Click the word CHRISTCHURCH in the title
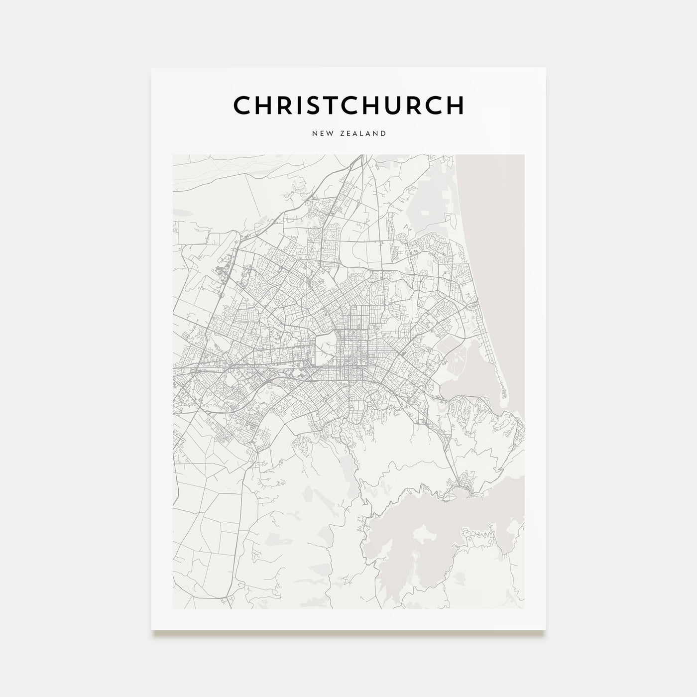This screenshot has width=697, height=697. click(x=348, y=105)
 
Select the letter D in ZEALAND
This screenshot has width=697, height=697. click(x=383, y=133)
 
